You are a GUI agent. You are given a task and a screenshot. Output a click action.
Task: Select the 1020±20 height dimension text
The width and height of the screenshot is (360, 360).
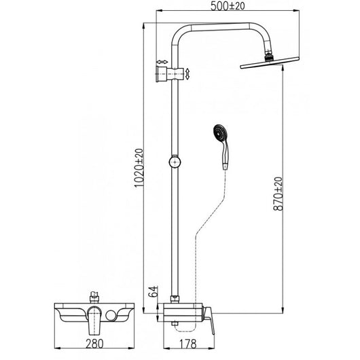click(x=139, y=168)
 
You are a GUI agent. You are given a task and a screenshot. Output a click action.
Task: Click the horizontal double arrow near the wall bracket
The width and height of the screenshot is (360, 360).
click(x=162, y=60)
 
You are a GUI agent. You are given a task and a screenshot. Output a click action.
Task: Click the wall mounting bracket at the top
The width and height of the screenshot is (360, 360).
click(x=163, y=73)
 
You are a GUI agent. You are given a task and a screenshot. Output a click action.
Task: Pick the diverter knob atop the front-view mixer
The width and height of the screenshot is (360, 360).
click(x=95, y=297)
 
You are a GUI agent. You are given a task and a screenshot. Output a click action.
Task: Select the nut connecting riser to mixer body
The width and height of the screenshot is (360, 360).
click(x=175, y=298)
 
